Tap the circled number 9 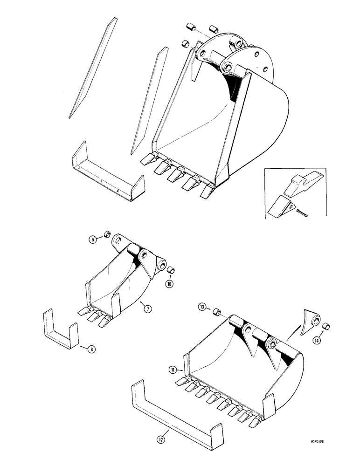click(x=94, y=240)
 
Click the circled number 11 click(x=173, y=370)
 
